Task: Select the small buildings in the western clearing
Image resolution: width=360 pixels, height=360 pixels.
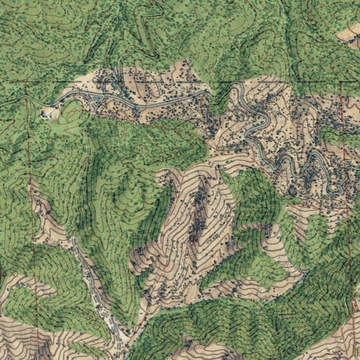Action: tap(47, 113)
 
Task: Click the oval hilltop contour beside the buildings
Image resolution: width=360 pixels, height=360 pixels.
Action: tap(70, 112)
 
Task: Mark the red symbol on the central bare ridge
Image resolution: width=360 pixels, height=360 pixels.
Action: tap(193, 239)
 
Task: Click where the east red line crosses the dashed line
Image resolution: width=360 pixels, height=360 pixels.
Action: tap(341, 82)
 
